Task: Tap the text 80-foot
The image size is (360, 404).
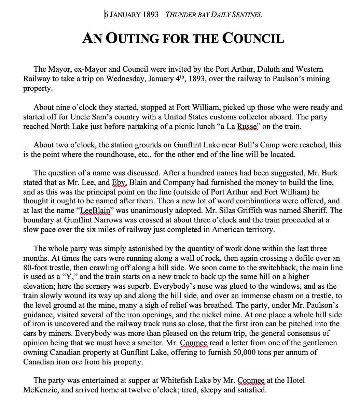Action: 37,268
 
